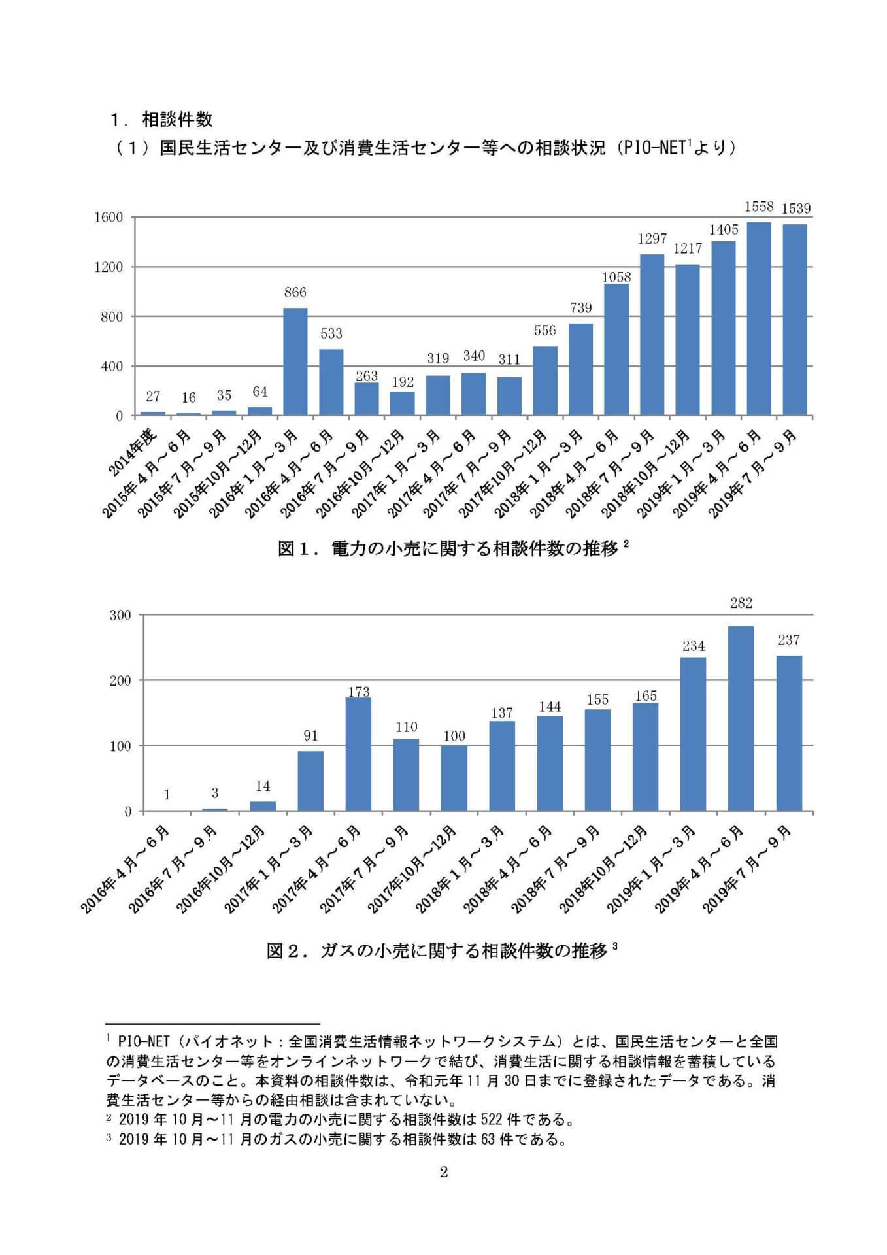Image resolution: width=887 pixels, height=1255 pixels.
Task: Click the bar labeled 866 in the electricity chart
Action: [295, 361]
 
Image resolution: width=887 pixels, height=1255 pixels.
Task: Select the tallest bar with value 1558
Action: [758, 319]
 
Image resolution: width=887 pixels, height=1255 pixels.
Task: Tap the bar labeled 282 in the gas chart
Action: [741, 718]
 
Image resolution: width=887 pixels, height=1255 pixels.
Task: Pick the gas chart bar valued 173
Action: [358, 754]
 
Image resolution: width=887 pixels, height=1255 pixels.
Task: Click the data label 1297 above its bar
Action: [652, 240]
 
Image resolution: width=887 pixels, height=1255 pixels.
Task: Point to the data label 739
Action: [580, 308]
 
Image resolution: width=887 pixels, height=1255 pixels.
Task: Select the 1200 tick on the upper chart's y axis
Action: [109, 267]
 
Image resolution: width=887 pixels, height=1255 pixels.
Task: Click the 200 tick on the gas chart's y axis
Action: [120, 680]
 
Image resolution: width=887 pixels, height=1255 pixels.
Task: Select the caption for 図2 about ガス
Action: [441, 950]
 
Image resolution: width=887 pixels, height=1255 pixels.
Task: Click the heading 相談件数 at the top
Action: [177, 120]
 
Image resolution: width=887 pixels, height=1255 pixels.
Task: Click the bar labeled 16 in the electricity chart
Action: [188, 414]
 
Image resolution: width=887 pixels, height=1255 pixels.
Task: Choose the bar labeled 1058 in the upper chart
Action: [616, 350]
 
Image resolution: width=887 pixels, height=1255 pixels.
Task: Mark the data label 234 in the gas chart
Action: [694, 646]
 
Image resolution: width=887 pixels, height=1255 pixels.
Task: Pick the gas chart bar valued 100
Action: [454, 778]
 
